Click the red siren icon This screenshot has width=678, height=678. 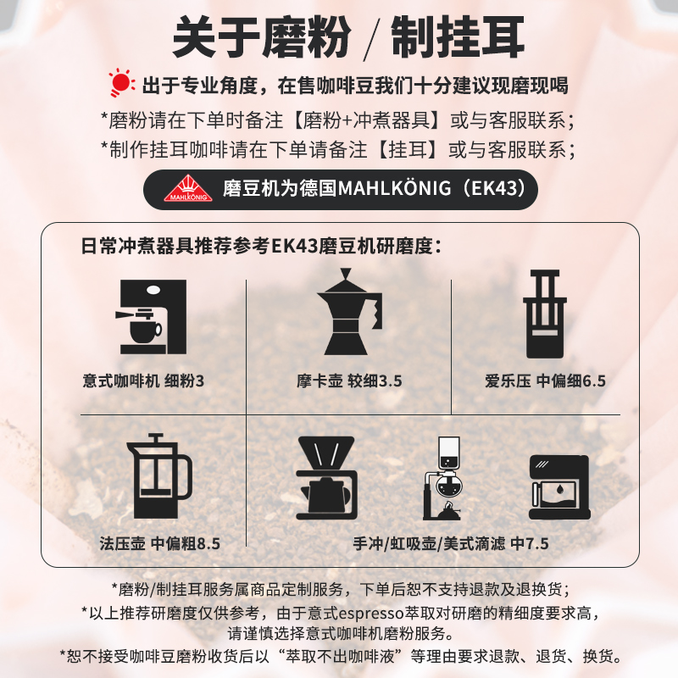pyautogui.click(x=122, y=84)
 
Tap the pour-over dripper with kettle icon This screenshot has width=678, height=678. pyautogui.click(x=325, y=478)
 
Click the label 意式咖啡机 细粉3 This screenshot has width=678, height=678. pyautogui.click(x=140, y=381)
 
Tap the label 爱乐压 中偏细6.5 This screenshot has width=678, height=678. pyautogui.click(x=546, y=381)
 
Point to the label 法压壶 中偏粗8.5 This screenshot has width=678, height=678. pyautogui.click(x=159, y=543)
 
